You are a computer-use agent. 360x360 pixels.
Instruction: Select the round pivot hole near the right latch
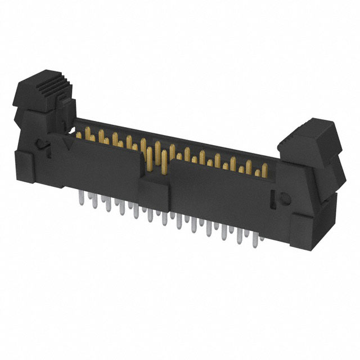[284, 200]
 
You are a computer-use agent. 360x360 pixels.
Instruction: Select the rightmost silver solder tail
[260, 240]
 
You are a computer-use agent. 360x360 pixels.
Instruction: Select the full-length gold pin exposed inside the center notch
[163, 163]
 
